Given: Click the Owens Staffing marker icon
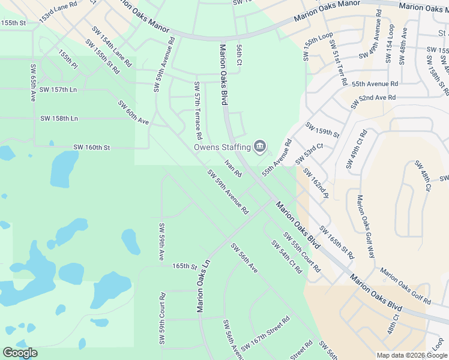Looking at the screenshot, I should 260,146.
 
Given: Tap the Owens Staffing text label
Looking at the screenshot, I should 222,147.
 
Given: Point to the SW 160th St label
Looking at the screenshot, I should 92,147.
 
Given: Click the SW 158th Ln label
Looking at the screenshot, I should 59,118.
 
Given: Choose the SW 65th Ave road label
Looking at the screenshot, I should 32,82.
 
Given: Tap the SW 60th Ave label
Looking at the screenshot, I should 133,113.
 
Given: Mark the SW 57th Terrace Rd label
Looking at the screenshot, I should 197,108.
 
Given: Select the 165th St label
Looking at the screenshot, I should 184,266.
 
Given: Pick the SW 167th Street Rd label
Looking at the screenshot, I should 265,335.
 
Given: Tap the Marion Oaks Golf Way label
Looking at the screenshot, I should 366,227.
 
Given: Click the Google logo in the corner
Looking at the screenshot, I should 20,353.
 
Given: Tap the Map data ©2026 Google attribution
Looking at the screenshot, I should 411,355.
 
